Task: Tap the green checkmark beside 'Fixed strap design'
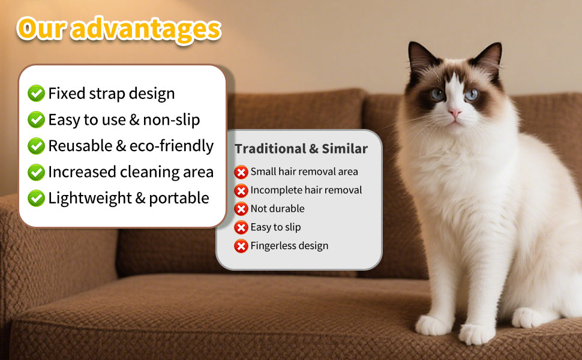tap(37, 94)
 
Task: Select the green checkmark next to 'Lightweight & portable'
tap(37, 198)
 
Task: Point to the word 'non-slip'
tap(171, 120)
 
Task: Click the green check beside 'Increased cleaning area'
tap(37, 172)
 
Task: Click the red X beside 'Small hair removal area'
tap(241, 172)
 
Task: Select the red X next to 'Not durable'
tap(241, 209)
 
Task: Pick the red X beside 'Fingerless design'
tap(241, 246)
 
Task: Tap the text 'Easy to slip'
tap(275, 227)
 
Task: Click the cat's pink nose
tap(454, 113)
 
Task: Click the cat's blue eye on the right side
tap(472, 94)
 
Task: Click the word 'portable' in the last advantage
tap(183, 198)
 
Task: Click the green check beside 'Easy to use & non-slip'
tap(37, 120)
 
